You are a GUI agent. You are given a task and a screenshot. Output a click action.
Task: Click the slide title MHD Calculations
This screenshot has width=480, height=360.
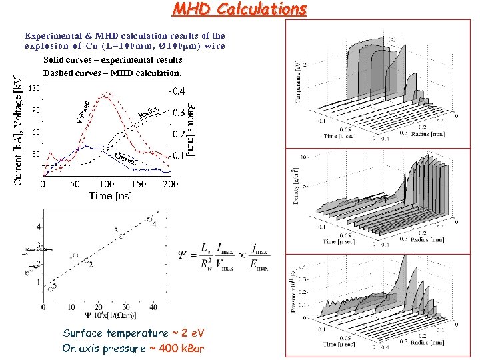coord(239,9)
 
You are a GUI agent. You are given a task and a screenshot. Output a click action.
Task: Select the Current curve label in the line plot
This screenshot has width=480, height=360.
coord(127,159)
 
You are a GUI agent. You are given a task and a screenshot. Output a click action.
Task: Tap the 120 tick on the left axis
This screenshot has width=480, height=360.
coord(35,88)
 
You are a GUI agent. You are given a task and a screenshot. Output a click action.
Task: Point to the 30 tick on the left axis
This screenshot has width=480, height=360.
coord(36,154)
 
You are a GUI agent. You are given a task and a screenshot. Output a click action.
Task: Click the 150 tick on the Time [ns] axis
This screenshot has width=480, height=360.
coord(138,183)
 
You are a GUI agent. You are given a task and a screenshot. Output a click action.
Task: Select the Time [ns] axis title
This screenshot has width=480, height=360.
coord(110,195)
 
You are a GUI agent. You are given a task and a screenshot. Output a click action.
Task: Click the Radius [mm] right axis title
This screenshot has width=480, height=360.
coord(191,129)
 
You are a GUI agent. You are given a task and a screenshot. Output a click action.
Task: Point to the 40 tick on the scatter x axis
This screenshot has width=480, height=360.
coord(153,306)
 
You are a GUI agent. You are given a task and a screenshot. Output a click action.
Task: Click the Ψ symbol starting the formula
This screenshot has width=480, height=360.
coord(183,256)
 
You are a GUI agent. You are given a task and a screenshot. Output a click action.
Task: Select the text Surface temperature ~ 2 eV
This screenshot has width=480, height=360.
coord(133,333)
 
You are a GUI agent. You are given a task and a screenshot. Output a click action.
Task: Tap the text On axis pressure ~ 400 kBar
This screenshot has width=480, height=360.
coord(133,347)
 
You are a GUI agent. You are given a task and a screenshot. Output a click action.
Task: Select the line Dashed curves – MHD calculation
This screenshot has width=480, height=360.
coord(111,73)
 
